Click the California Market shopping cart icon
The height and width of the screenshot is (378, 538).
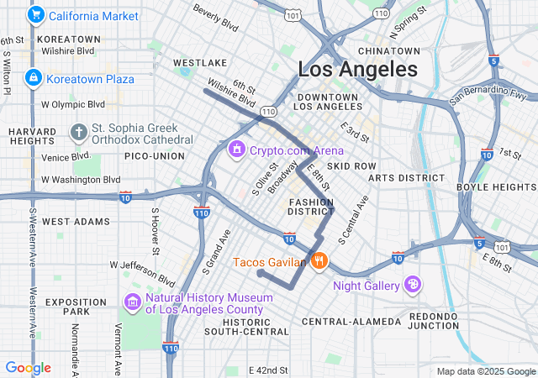35,16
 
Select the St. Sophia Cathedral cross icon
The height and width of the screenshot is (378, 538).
79,133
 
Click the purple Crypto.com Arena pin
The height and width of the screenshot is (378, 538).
237,149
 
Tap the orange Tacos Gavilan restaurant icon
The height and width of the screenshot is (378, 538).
319,261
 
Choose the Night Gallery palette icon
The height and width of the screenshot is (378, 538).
414,286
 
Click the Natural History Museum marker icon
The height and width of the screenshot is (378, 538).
133,302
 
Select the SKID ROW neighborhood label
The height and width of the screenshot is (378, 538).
351,166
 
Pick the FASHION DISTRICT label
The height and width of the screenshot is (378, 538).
312,207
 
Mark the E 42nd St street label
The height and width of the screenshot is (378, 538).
268,370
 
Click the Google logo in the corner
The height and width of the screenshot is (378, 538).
28,368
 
